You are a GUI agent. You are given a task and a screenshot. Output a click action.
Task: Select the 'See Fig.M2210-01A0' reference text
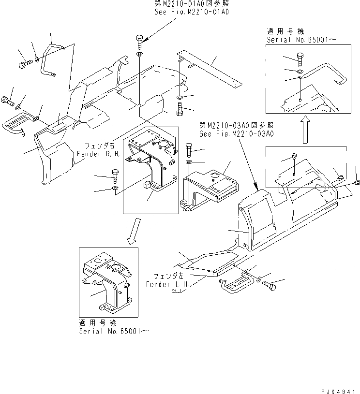(191, 10)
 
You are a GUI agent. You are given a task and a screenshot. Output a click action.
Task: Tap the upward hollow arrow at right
(305, 129)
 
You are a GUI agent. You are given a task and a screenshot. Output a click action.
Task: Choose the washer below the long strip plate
(180, 99)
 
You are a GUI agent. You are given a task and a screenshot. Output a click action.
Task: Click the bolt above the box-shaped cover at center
(189, 147)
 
